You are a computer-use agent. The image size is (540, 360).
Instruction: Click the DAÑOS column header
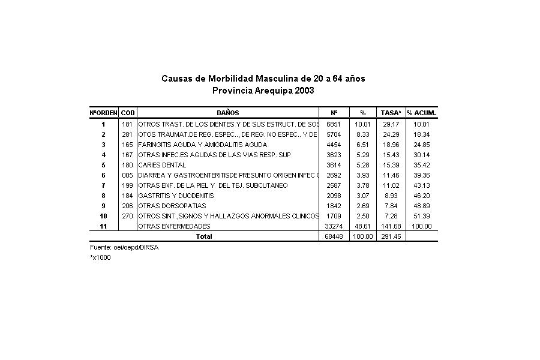tap(227, 113)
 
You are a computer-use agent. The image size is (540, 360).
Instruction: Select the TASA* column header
tap(391, 113)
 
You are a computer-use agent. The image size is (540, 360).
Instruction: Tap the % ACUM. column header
tap(421, 113)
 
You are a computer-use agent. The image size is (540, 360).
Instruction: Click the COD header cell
tap(128, 113)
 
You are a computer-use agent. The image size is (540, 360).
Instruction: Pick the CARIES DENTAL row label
tap(162, 165)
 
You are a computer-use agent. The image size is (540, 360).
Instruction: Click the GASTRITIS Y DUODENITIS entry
tap(176, 196)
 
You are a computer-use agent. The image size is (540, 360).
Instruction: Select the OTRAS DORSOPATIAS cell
tap(172, 206)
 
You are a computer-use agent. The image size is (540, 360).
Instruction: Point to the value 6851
tap(333, 124)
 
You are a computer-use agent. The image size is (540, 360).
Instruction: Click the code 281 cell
tap(127, 134)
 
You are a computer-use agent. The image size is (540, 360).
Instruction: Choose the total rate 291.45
tap(391, 236)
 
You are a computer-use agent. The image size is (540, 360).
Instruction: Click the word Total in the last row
tap(204, 236)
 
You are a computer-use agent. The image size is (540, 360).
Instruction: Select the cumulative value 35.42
tap(421, 165)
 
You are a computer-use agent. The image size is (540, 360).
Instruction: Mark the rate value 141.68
tap(391, 226)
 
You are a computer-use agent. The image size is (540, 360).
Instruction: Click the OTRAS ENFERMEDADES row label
tap(174, 226)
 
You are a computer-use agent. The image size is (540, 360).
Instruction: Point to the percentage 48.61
tap(362, 226)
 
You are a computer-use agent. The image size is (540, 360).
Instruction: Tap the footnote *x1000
tap(100, 257)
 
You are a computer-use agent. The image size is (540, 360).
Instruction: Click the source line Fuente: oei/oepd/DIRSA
tap(124, 247)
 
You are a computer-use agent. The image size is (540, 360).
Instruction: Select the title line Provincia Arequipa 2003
tap(263, 91)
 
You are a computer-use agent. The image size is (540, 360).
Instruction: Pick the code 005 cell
tap(127, 175)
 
